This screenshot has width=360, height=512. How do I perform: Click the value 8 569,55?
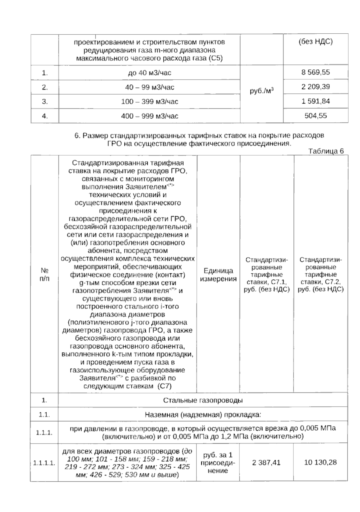316,72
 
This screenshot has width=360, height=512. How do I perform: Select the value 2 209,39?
316,87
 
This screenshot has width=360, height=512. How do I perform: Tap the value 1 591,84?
316,101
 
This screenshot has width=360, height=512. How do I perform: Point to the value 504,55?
316,116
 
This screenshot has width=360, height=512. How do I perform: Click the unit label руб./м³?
262,91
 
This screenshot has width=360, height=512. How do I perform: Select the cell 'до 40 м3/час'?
149,73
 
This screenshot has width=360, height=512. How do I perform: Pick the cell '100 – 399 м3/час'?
149,102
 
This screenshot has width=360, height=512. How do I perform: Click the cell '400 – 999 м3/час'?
149,116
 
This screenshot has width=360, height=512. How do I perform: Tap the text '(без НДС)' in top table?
316,42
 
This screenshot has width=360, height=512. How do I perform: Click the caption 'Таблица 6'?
326,151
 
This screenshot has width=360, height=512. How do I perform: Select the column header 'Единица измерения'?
218,274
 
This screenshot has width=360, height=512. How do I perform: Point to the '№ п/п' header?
44,274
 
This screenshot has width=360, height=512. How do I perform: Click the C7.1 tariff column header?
267,274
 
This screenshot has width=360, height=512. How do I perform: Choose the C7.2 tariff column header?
321,274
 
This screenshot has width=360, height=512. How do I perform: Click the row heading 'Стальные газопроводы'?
203,400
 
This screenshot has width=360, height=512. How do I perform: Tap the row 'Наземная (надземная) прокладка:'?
203,415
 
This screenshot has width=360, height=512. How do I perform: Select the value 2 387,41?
266,462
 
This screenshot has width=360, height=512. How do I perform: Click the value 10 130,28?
320,462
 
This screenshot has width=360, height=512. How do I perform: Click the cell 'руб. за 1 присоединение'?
218,462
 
